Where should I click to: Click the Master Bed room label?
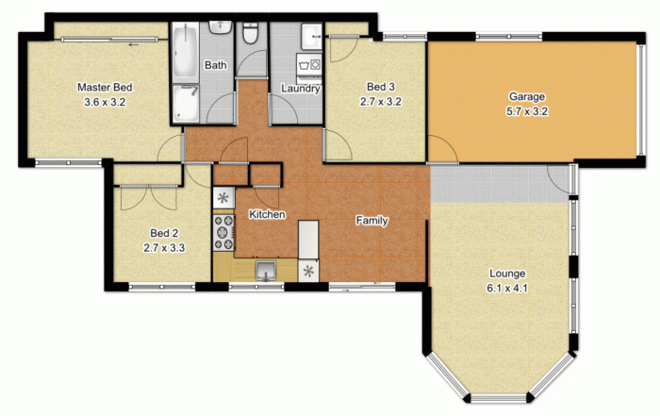pyautogui.click(x=105, y=88)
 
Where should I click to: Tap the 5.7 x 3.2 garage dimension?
pyautogui.click(x=527, y=111)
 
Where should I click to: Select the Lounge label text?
pyautogui.click(x=507, y=274)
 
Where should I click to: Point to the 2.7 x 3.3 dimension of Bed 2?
pyautogui.click(x=164, y=248)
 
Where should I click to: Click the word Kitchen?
pyautogui.click(x=267, y=214)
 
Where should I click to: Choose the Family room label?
pyautogui.click(x=371, y=220)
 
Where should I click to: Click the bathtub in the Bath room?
pyautogui.click(x=185, y=53)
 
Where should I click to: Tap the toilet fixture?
pyautogui.click(x=251, y=33)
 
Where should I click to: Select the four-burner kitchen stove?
pyautogui.click(x=223, y=232)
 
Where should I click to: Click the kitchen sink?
pyautogui.click(x=266, y=271)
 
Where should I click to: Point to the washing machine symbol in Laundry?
pyautogui.click(x=309, y=65)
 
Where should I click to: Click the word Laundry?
pyautogui.click(x=301, y=89)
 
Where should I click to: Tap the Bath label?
pyautogui.click(x=216, y=65)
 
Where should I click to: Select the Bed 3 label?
pyautogui.click(x=381, y=87)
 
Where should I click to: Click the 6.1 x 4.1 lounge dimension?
pyautogui.click(x=507, y=289)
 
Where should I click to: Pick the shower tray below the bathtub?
pyautogui.click(x=186, y=104)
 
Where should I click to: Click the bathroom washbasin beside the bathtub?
pyautogui.click(x=220, y=27)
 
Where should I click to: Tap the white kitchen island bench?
pyautogui.click(x=308, y=240)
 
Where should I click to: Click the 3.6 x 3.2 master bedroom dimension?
pyautogui.click(x=105, y=102)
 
